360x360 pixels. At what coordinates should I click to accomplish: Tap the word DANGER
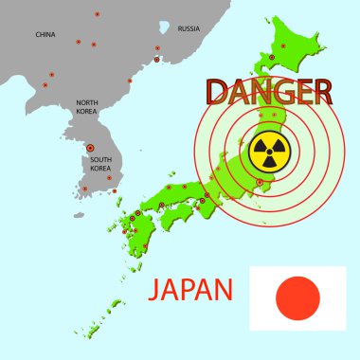(269, 92)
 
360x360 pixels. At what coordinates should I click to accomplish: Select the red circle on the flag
(297, 297)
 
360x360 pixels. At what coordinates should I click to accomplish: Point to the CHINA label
(45, 34)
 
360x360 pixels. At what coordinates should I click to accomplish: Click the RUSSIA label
(189, 28)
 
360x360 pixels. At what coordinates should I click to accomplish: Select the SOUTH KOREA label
(101, 163)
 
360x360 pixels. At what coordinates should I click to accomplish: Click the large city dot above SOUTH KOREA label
(90, 148)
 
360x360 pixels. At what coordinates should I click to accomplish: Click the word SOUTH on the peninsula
(101, 159)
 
